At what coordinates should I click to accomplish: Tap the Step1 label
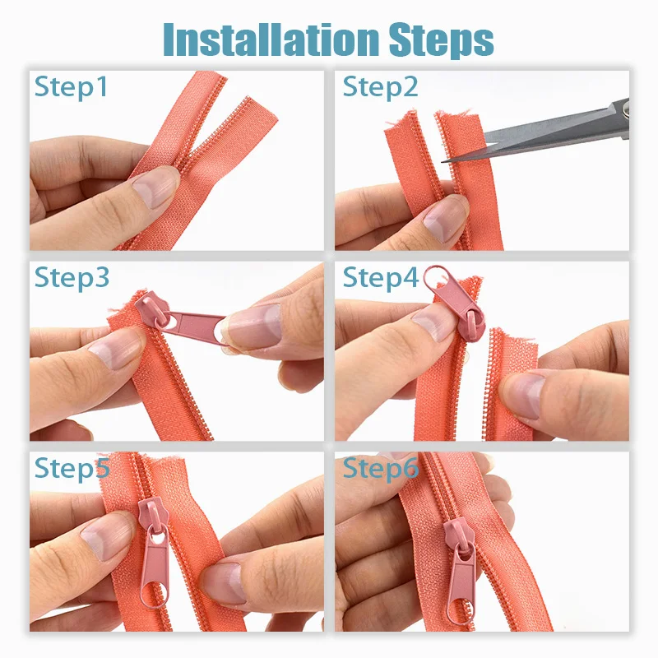71,86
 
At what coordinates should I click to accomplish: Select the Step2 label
380,86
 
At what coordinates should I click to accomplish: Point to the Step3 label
72,277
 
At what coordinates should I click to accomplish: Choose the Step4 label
381,277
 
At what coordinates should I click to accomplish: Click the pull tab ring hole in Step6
461,607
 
